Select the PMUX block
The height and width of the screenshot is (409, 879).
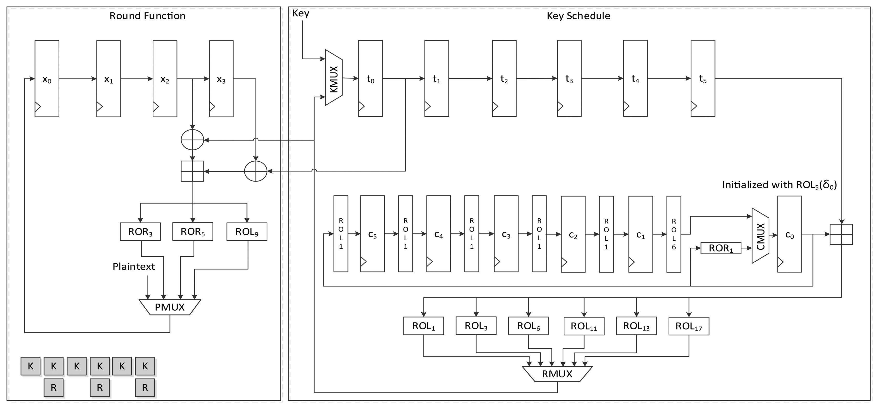click(169, 307)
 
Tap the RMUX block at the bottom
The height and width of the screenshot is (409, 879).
click(557, 374)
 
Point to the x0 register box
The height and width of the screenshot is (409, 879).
click(47, 79)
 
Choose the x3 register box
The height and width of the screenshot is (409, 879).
click(221, 79)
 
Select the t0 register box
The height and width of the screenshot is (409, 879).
click(370, 78)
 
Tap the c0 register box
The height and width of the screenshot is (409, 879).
click(789, 234)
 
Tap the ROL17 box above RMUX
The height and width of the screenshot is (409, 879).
click(689, 326)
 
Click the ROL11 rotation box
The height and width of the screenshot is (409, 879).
click(584, 326)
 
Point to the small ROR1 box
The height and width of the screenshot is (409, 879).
click(721, 248)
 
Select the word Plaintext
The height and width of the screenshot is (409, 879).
click(133, 267)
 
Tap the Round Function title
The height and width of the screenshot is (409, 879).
click(147, 16)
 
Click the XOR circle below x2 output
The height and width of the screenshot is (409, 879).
click(192, 140)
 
